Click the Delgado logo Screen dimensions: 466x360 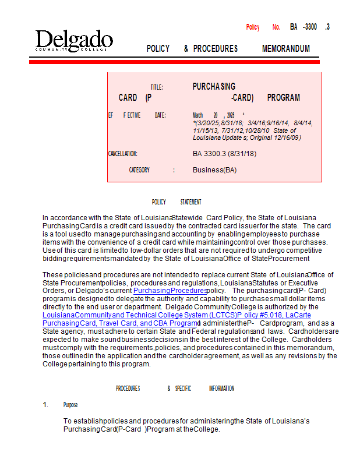[x=73, y=41]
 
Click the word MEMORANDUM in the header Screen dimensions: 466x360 [x=286, y=49]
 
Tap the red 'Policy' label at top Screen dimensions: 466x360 [x=253, y=27]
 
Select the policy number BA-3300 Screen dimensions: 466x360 [x=303, y=27]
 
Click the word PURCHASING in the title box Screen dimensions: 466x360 [x=214, y=87]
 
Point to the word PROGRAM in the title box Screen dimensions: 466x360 [x=283, y=98]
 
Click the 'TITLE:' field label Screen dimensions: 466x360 [x=157, y=87]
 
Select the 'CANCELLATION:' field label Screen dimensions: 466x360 [x=122, y=154]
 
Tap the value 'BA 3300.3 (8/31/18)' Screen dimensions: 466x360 [x=224, y=154]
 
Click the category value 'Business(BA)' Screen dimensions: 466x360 [x=214, y=170]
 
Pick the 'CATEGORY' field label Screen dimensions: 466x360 [x=139, y=170]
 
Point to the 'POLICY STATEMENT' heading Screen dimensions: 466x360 [x=177, y=202]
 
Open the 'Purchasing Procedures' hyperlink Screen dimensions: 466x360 [x=170, y=290]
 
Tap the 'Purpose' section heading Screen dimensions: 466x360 [x=70, y=405]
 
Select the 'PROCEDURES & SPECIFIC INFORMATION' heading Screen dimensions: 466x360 [x=175, y=389]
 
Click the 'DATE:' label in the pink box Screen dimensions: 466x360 [x=160, y=115]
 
